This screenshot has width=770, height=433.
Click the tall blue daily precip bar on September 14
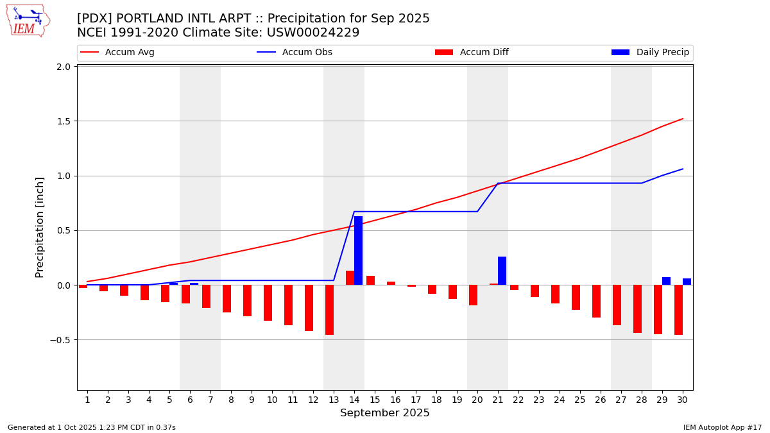358,251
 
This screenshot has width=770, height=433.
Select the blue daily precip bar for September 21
502,271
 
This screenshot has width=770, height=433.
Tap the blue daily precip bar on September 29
666,281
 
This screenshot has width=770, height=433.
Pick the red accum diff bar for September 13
329,310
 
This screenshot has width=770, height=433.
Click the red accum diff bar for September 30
678,310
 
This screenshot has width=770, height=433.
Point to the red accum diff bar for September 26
596,301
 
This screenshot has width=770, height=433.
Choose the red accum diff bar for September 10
268,303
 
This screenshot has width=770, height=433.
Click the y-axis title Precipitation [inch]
40,227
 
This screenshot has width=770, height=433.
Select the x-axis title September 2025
385,413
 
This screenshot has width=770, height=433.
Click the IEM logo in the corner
28,20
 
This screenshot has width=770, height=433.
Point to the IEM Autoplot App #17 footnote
722,427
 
